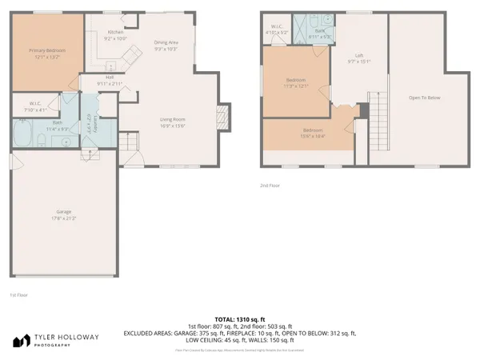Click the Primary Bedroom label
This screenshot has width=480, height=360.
pos(46,50)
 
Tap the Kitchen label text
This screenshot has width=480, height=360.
pos(117,32)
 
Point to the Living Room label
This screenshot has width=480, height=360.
pos(172,119)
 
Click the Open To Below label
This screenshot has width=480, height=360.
pos(425,98)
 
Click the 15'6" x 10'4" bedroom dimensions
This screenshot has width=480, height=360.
pos(312,136)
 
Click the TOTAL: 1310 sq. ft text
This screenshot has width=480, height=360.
pos(240,318)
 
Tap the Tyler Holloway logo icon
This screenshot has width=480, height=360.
pos(19,341)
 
